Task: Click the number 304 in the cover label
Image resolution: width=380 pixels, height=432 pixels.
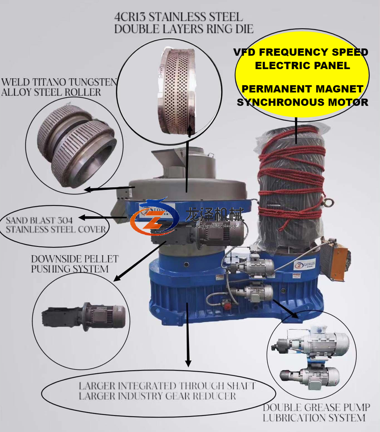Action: click(63, 220)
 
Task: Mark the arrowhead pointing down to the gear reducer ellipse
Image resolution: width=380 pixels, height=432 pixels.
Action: click(188, 363)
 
